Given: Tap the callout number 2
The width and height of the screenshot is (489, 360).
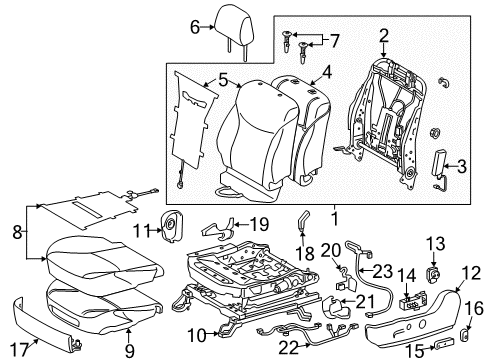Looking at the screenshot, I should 384,38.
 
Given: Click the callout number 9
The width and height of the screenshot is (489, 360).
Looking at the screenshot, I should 127,349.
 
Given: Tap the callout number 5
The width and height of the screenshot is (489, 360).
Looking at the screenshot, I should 222,74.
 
